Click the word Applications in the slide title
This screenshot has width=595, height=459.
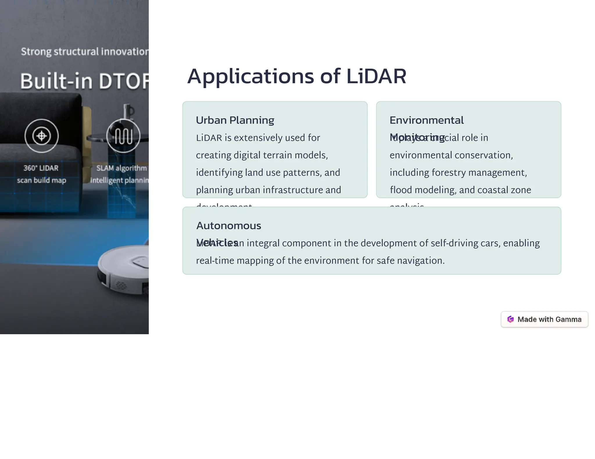pos(250,76)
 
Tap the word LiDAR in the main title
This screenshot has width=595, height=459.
pos(376,76)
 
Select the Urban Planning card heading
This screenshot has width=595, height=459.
pos(235,120)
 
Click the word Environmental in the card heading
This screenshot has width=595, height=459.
pos(426,120)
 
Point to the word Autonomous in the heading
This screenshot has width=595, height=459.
pos(229,225)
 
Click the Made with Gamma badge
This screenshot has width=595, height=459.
pos(544,319)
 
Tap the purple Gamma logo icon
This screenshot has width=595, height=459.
pos(510,319)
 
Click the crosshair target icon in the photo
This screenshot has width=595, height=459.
pos(42,136)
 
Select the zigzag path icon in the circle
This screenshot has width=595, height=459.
pos(123,136)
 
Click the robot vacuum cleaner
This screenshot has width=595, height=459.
pos(125,270)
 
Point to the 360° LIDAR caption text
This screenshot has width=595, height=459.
pos(41,168)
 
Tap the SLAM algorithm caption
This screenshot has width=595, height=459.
pos(121,168)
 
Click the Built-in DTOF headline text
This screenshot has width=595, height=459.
pos(84,81)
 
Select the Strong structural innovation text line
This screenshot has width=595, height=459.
pos(85,52)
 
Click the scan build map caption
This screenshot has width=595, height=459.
pos(42,180)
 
